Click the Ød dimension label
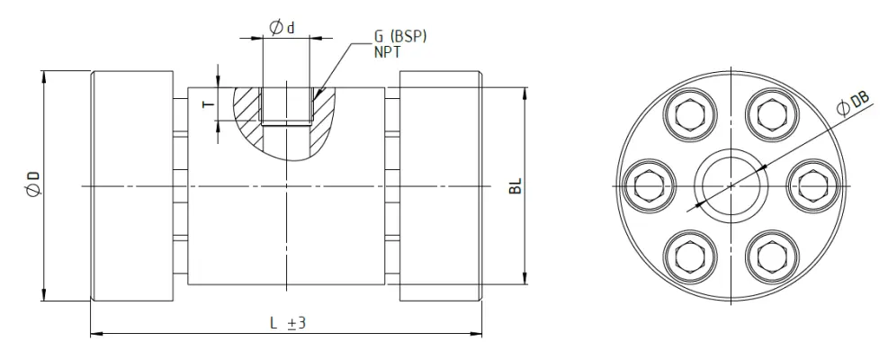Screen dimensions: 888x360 coord(282,27)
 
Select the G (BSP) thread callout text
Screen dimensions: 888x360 coord(399,36)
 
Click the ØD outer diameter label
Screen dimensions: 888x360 coord(33,184)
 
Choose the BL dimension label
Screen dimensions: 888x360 coord(515,185)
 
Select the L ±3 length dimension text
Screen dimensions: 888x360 coord(288,323)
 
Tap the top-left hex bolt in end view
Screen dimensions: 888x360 coord(690,115)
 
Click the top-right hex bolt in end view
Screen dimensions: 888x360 coord(773,115)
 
